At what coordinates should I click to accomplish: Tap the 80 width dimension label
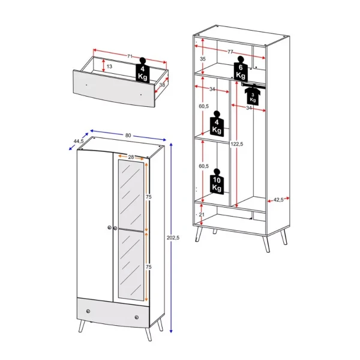[128, 135]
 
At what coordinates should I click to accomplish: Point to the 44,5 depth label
[78, 141]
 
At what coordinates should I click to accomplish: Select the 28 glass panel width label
[130, 157]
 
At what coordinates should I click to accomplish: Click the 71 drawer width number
[130, 56]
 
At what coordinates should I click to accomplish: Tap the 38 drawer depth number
[162, 85]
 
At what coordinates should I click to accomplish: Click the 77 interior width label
[230, 52]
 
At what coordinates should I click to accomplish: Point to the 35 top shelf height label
[202, 59]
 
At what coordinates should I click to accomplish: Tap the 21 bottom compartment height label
[202, 215]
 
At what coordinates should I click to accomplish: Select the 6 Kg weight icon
[241, 70]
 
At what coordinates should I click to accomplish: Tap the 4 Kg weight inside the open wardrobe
[216, 126]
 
